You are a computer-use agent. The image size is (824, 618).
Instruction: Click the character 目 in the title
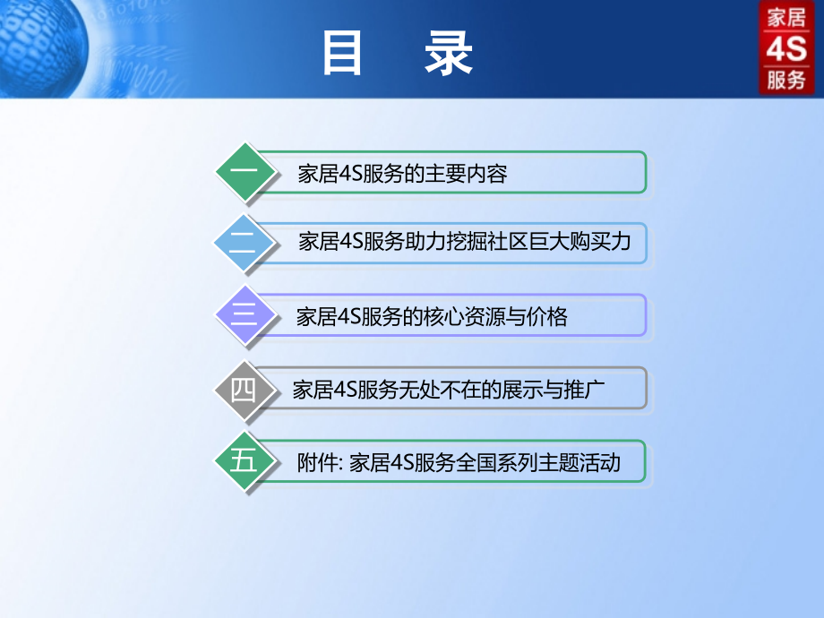(x=343, y=54)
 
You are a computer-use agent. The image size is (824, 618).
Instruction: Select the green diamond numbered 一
(x=244, y=172)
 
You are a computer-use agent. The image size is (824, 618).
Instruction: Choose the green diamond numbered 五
(x=244, y=462)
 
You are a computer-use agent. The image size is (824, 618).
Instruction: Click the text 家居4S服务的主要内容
(x=402, y=174)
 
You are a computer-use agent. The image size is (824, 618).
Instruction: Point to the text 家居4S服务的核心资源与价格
(x=432, y=317)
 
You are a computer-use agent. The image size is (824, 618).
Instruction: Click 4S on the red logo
(x=786, y=48)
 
